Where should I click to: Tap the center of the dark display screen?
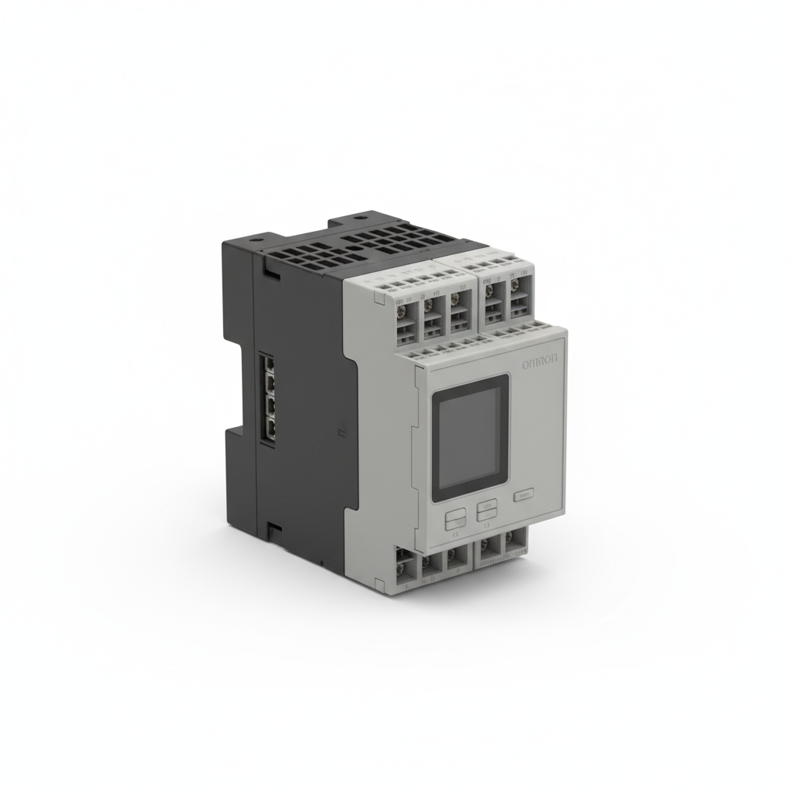click(470, 438)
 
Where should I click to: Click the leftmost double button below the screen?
click(456, 518)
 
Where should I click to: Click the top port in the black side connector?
click(268, 364)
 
